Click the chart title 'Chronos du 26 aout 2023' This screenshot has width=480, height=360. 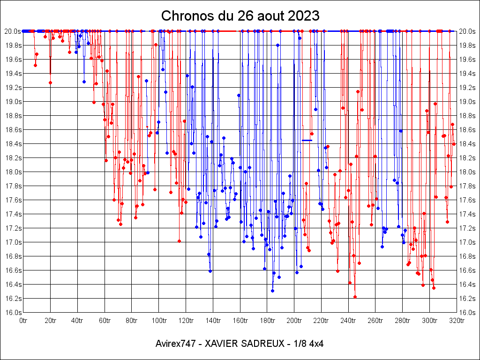pos(240,16)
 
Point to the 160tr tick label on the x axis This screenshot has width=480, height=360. pos(240,321)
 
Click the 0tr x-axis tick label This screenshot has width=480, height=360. pos(23,321)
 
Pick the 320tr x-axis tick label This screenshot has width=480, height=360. pos(457,321)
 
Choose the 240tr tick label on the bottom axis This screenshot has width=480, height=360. pos(348,321)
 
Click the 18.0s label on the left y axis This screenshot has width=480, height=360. pos(13,172)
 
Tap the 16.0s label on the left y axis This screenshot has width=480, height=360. pos(13,313)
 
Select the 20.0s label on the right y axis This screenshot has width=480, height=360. pos(467,31)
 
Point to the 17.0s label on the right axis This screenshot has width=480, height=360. pos(467,242)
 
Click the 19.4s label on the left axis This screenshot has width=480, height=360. pos(13,74)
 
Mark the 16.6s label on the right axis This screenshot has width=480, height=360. pos(467,270)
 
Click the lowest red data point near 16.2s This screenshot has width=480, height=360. pos(355,297)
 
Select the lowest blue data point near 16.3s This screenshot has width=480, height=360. pos(272,291)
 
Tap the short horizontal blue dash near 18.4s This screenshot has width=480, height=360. pos(307,140)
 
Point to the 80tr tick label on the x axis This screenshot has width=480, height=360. pos(132,321)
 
